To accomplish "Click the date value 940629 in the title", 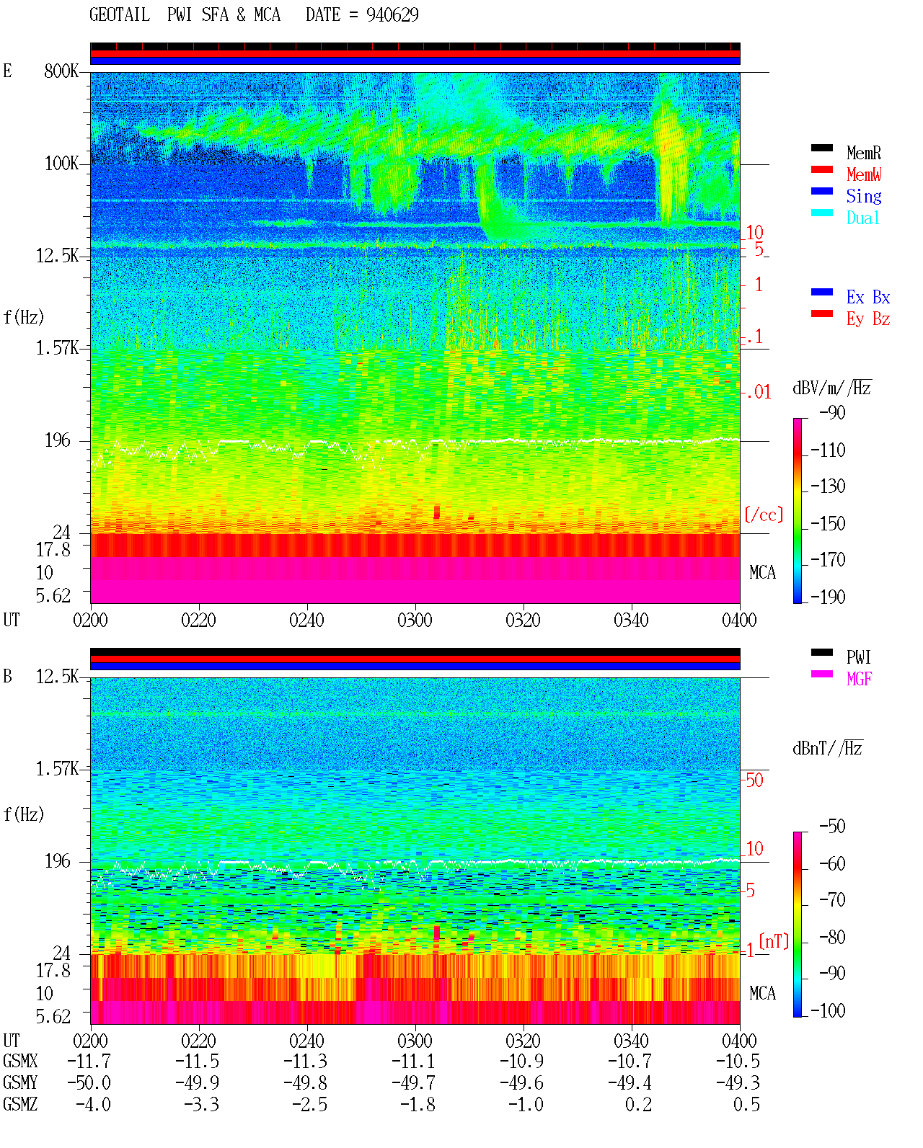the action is (392, 15).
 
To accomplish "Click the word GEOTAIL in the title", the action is (120, 15).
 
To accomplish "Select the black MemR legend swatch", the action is (821, 148).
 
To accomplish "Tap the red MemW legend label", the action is (864, 174).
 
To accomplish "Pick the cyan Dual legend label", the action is (862, 218).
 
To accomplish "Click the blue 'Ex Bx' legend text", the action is (868, 297).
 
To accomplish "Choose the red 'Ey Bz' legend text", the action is (868, 319).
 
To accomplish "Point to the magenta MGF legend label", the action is (859, 679).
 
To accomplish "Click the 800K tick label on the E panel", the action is (61, 71).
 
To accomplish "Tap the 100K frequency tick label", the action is (61, 164).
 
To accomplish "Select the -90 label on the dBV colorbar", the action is (832, 412).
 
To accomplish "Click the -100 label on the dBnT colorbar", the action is (828, 1010).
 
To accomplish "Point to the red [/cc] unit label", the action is (764, 515).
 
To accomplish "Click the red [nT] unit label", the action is (774, 941).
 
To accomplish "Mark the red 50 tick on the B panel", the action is (754, 780).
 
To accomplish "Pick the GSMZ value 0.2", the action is (638, 1104).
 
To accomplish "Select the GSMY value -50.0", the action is (89, 1082).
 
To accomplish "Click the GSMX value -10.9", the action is (521, 1061).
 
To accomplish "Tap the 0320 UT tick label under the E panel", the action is (524, 620).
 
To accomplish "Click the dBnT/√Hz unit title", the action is (828, 749).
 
